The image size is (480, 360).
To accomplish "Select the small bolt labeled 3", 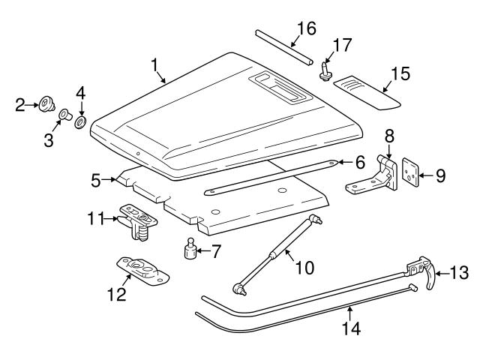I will tap(64, 115).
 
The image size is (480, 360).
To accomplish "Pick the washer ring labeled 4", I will tap(81, 120).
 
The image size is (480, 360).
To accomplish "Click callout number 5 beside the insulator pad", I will tap(96, 180).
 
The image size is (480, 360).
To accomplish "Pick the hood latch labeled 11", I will tap(139, 222).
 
